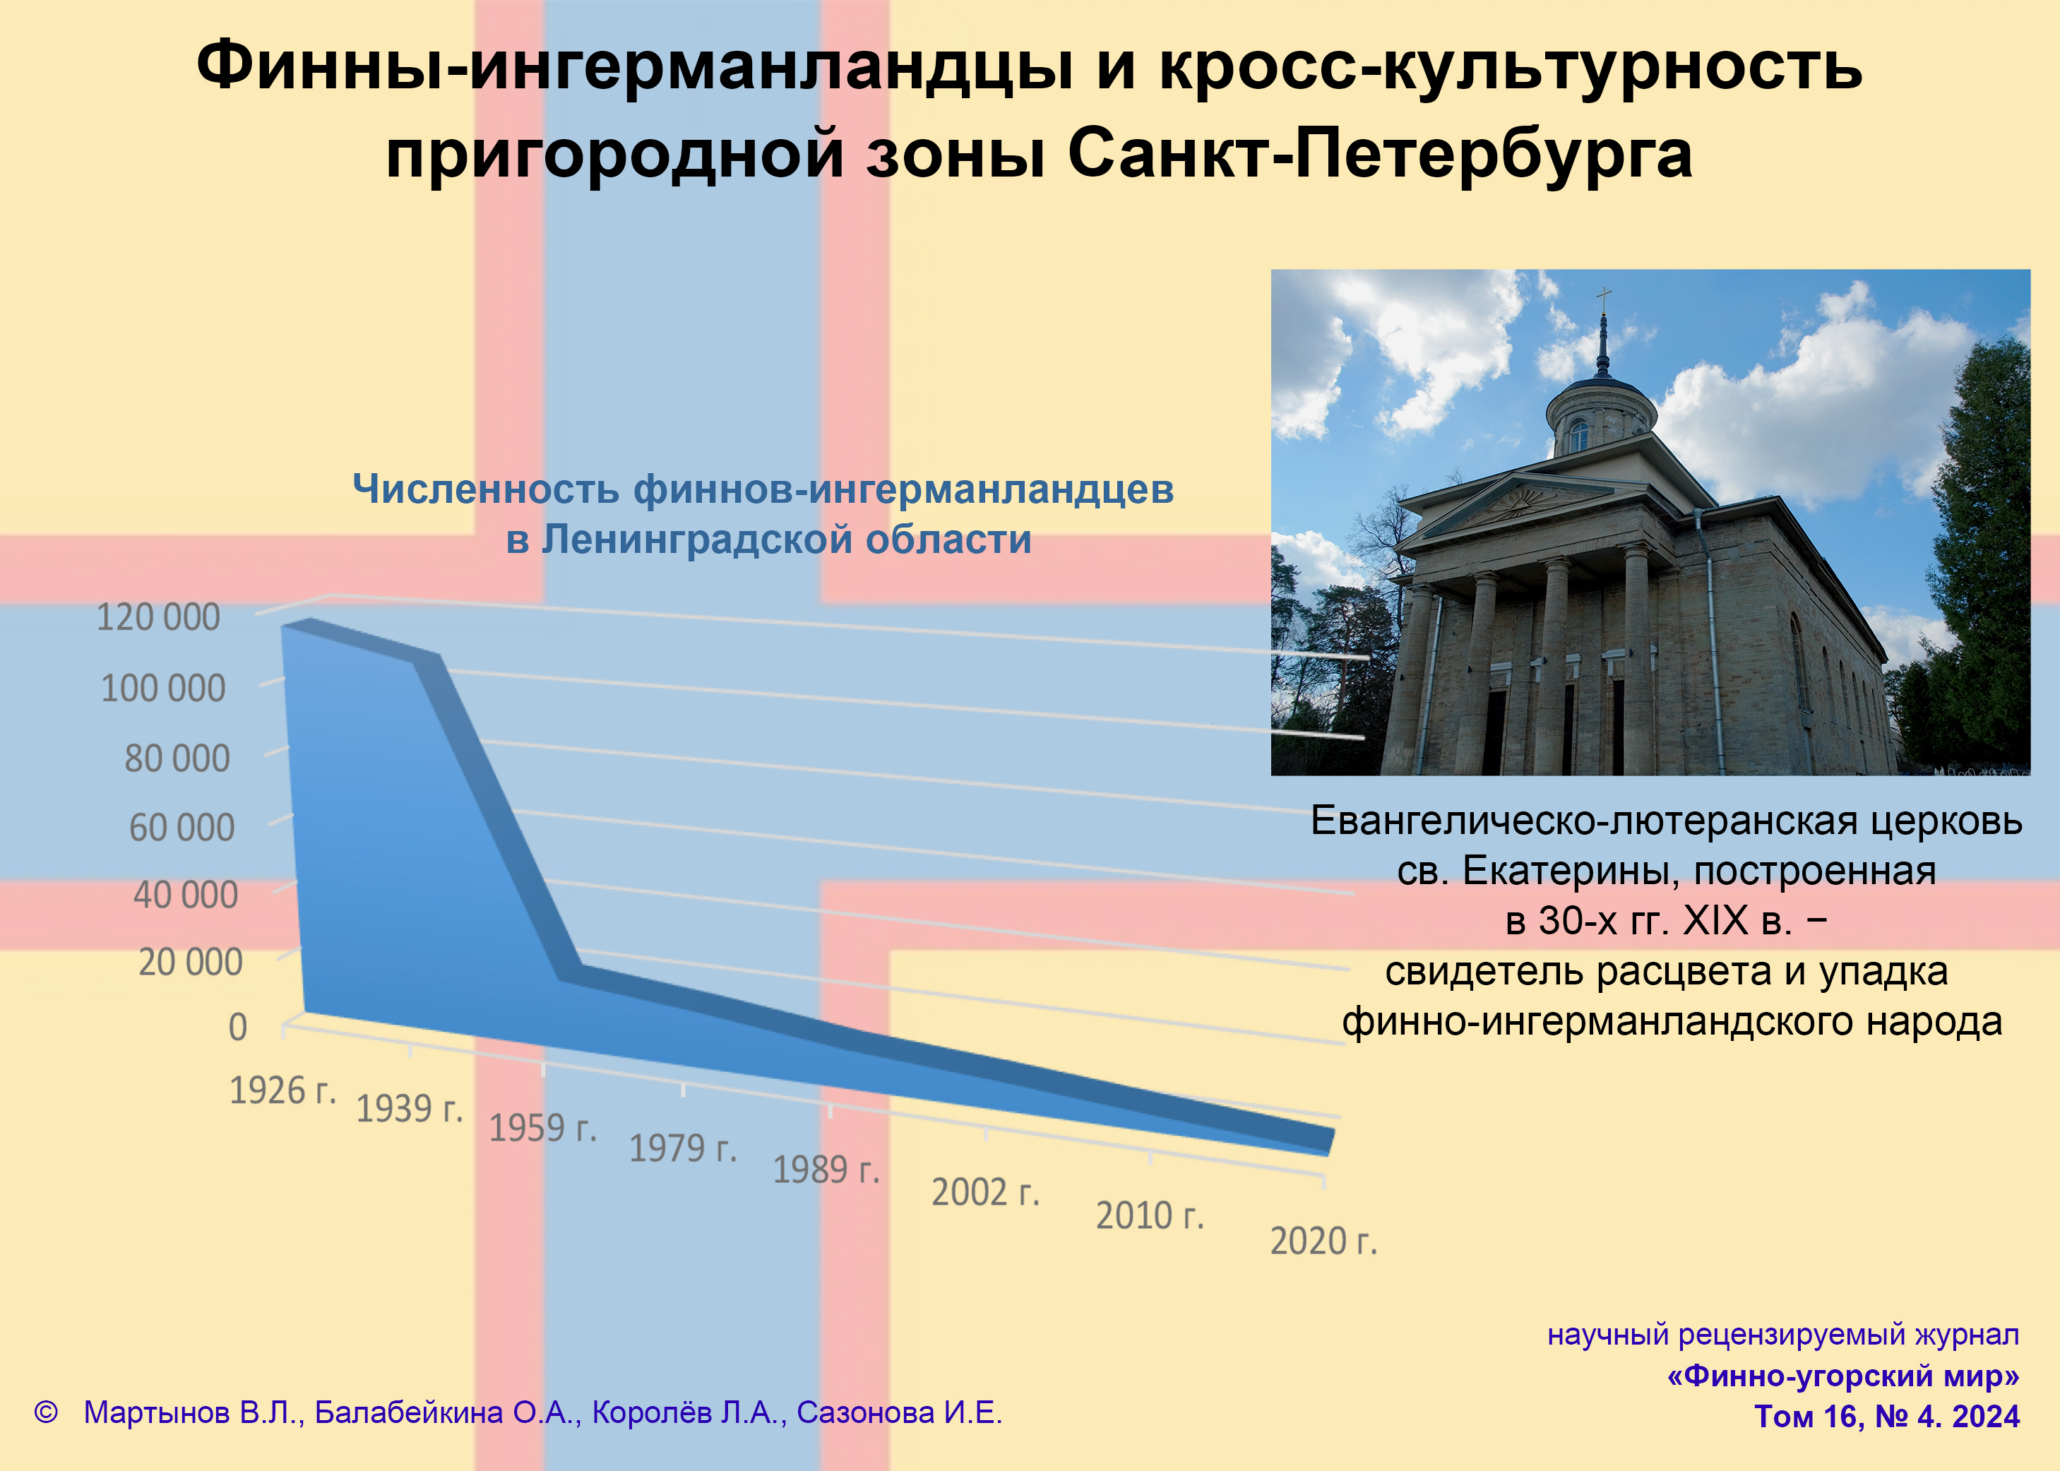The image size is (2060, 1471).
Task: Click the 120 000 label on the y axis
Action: coord(158,617)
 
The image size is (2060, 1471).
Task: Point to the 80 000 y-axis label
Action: coord(177,758)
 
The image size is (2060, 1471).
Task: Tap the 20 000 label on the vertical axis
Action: coord(190,961)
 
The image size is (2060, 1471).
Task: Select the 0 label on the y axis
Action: coord(237,1028)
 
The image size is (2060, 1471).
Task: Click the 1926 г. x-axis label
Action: coord(282,1090)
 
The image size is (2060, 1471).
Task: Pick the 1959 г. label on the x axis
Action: coord(542,1128)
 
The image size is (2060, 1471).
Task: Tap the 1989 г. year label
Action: coord(826,1169)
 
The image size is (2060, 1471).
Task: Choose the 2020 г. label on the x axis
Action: coord(1323,1241)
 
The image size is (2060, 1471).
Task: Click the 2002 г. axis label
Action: coord(986,1192)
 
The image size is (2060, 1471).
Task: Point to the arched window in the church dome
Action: coord(1578,436)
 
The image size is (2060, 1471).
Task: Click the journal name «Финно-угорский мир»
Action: coord(1842,1375)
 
